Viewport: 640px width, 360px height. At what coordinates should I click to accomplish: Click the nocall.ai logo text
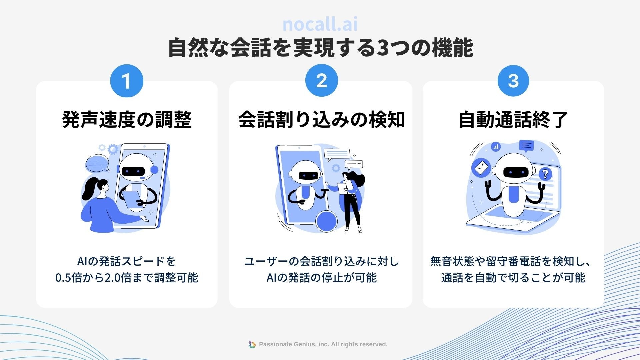click(320, 24)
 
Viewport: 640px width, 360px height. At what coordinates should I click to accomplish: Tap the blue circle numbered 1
click(127, 81)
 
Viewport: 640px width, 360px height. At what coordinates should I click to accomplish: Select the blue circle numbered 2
click(322, 81)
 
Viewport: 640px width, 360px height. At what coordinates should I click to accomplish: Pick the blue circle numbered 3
click(513, 81)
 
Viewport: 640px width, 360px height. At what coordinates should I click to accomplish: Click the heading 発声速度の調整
click(127, 119)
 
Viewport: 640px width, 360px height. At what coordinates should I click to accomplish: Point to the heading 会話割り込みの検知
click(321, 119)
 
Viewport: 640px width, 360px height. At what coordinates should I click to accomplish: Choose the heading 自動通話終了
click(513, 119)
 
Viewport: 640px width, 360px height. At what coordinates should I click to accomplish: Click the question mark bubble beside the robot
click(545, 174)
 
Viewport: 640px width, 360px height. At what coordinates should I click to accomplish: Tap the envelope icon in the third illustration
click(480, 168)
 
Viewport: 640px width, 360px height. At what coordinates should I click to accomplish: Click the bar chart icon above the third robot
click(496, 146)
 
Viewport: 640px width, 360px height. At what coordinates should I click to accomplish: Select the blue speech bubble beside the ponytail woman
click(97, 163)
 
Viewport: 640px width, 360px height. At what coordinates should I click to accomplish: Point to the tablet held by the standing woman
click(342, 188)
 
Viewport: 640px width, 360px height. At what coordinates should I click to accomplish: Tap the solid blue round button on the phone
click(326, 221)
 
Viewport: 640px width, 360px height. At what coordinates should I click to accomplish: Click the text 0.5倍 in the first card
click(68, 278)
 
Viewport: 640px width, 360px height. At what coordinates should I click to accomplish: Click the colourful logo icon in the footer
click(252, 344)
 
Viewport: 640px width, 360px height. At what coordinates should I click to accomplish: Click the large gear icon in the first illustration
click(113, 149)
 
